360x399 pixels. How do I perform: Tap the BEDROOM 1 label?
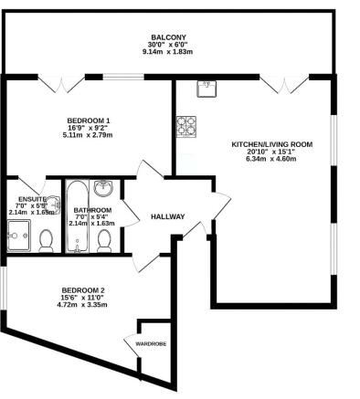tap(89, 120)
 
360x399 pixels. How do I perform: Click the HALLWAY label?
tap(168, 216)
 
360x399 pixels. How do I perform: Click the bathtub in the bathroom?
tap(76, 217)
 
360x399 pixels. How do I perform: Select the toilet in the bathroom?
tap(104, 240)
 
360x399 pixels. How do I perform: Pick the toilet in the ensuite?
tap(47, 239)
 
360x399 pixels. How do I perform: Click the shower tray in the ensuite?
tap(18, 236)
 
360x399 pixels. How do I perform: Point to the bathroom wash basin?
tap(105, 188)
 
